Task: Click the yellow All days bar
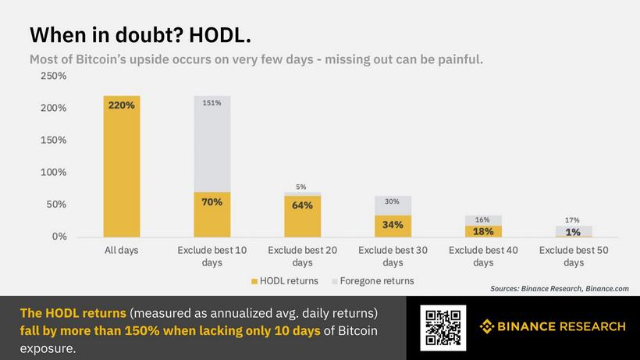122,166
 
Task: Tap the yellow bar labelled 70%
212,214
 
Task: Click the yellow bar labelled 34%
393,226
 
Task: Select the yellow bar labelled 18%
483,231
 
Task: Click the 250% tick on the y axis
54,77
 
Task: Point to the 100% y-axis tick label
54,172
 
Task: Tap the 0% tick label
59,236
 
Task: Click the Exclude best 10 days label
212,256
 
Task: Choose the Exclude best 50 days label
573,256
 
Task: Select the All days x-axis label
122,251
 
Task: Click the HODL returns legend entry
286,280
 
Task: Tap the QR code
443,327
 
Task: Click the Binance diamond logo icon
487,326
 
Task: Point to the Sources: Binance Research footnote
560,289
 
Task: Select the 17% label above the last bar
573,220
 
